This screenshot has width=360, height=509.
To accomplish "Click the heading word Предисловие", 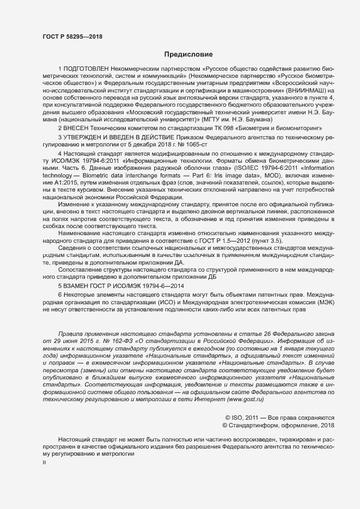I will (x=188, y=54).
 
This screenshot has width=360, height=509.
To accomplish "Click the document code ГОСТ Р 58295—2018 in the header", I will (x=72, y=36).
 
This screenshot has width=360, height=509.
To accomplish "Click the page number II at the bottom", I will (x=45, y=463).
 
